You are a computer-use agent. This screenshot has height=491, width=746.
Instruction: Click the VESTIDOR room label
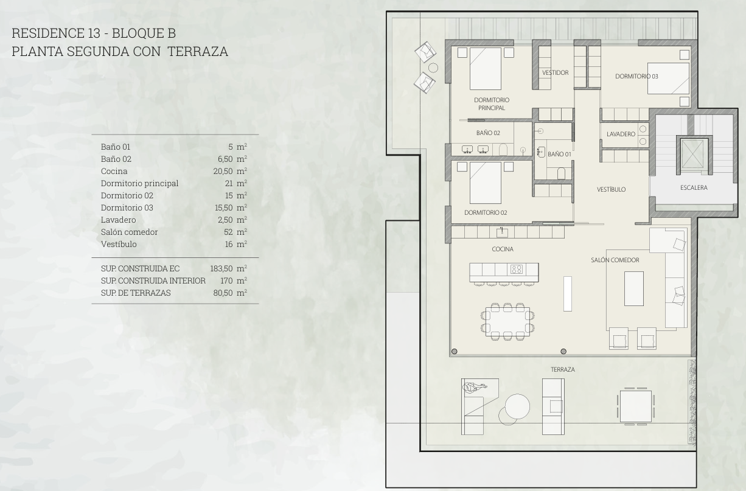555,72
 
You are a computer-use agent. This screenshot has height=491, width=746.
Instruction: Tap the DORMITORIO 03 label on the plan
636,76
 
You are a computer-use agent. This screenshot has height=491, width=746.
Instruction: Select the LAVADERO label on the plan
621,134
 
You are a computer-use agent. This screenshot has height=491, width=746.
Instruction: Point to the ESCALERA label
694,187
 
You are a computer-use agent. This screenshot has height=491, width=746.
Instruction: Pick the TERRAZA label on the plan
562,369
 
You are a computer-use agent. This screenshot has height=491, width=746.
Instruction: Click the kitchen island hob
517,269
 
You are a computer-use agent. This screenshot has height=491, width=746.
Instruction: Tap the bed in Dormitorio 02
485,183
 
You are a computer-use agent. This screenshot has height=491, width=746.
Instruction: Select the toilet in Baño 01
561,173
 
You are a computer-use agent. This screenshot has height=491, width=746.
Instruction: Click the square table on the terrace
635,406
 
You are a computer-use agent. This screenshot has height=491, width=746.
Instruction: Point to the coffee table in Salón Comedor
634,288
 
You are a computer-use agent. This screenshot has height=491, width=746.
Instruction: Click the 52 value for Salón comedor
228,232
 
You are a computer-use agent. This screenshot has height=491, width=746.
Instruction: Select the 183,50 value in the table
221,268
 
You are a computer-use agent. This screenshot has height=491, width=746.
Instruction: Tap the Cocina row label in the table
114,171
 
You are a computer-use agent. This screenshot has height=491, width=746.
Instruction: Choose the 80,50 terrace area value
223,293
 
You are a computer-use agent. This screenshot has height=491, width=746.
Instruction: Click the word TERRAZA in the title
198,52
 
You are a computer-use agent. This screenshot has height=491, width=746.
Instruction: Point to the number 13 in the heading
94,33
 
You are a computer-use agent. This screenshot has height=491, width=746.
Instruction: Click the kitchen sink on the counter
502,232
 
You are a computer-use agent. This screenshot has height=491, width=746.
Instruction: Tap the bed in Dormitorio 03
668,78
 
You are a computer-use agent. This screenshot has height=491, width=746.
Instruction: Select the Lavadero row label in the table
118,220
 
